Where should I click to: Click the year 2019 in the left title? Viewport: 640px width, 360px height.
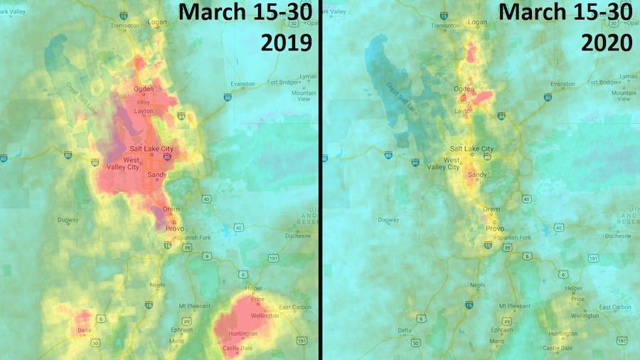coord(287,43)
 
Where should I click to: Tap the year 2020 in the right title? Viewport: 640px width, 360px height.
coord(607,43)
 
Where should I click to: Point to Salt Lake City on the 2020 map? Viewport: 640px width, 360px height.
coord(471,149)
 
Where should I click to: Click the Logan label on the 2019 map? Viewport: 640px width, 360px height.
coord(157,22)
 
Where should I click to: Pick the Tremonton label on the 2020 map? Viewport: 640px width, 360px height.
coord(445,26)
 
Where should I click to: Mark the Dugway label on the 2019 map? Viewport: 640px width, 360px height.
coord(69,220)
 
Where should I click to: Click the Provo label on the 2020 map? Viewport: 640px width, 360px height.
coord(494,228)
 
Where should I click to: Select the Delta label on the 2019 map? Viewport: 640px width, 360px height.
coord(85,330)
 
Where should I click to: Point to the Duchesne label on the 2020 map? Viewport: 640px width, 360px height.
coord(618,235)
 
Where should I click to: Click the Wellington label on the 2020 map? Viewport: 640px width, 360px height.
coord(584,315)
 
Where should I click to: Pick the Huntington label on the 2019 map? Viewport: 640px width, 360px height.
coord(243,334)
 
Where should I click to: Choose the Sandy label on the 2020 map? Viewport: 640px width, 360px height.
coord(477,174)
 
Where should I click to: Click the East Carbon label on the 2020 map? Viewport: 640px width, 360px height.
coord(615,307)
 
